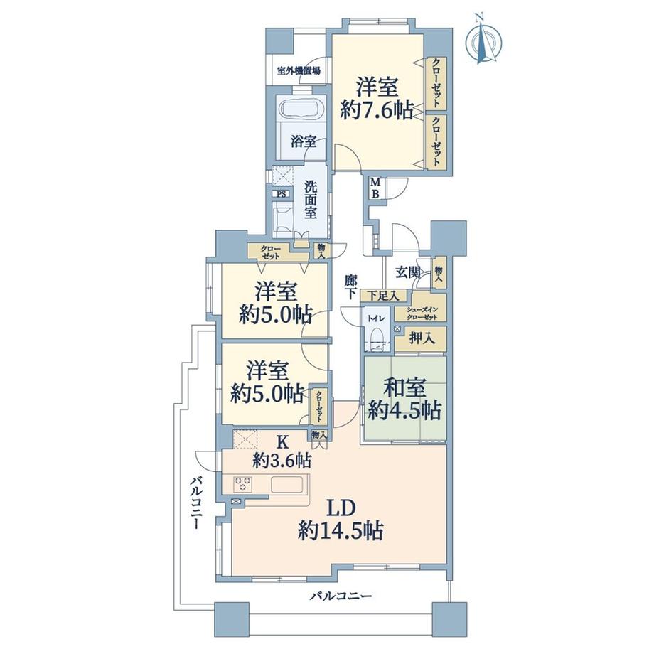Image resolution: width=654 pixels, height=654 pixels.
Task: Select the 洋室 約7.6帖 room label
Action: tap(377, 99)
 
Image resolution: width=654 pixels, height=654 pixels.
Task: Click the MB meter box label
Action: tap(375, 188)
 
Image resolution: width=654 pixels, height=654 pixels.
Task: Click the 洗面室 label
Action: tap(310, 199)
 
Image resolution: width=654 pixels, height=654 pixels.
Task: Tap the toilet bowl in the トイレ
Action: tap(377, 336)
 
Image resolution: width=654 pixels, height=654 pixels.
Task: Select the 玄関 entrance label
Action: tap(408, 272)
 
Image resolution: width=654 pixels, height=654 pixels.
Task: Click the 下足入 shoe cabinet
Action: tap(383, 296)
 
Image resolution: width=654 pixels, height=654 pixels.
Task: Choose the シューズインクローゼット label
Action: tap(422, 313)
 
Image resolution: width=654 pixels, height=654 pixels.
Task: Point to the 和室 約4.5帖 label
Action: tap(404, 400)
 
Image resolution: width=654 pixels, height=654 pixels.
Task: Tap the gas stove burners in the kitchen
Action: tap(242, 484)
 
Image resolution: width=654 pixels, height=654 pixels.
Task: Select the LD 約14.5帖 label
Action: tap(341, 520)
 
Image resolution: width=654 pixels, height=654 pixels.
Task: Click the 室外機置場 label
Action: tap(299, 70)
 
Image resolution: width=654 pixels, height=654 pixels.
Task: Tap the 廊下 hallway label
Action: tap(350, 286)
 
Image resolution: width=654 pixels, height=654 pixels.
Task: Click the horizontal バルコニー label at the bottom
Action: tap(341, 596)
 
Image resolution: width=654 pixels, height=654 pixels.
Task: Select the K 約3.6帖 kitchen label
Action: tap(282, 451)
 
